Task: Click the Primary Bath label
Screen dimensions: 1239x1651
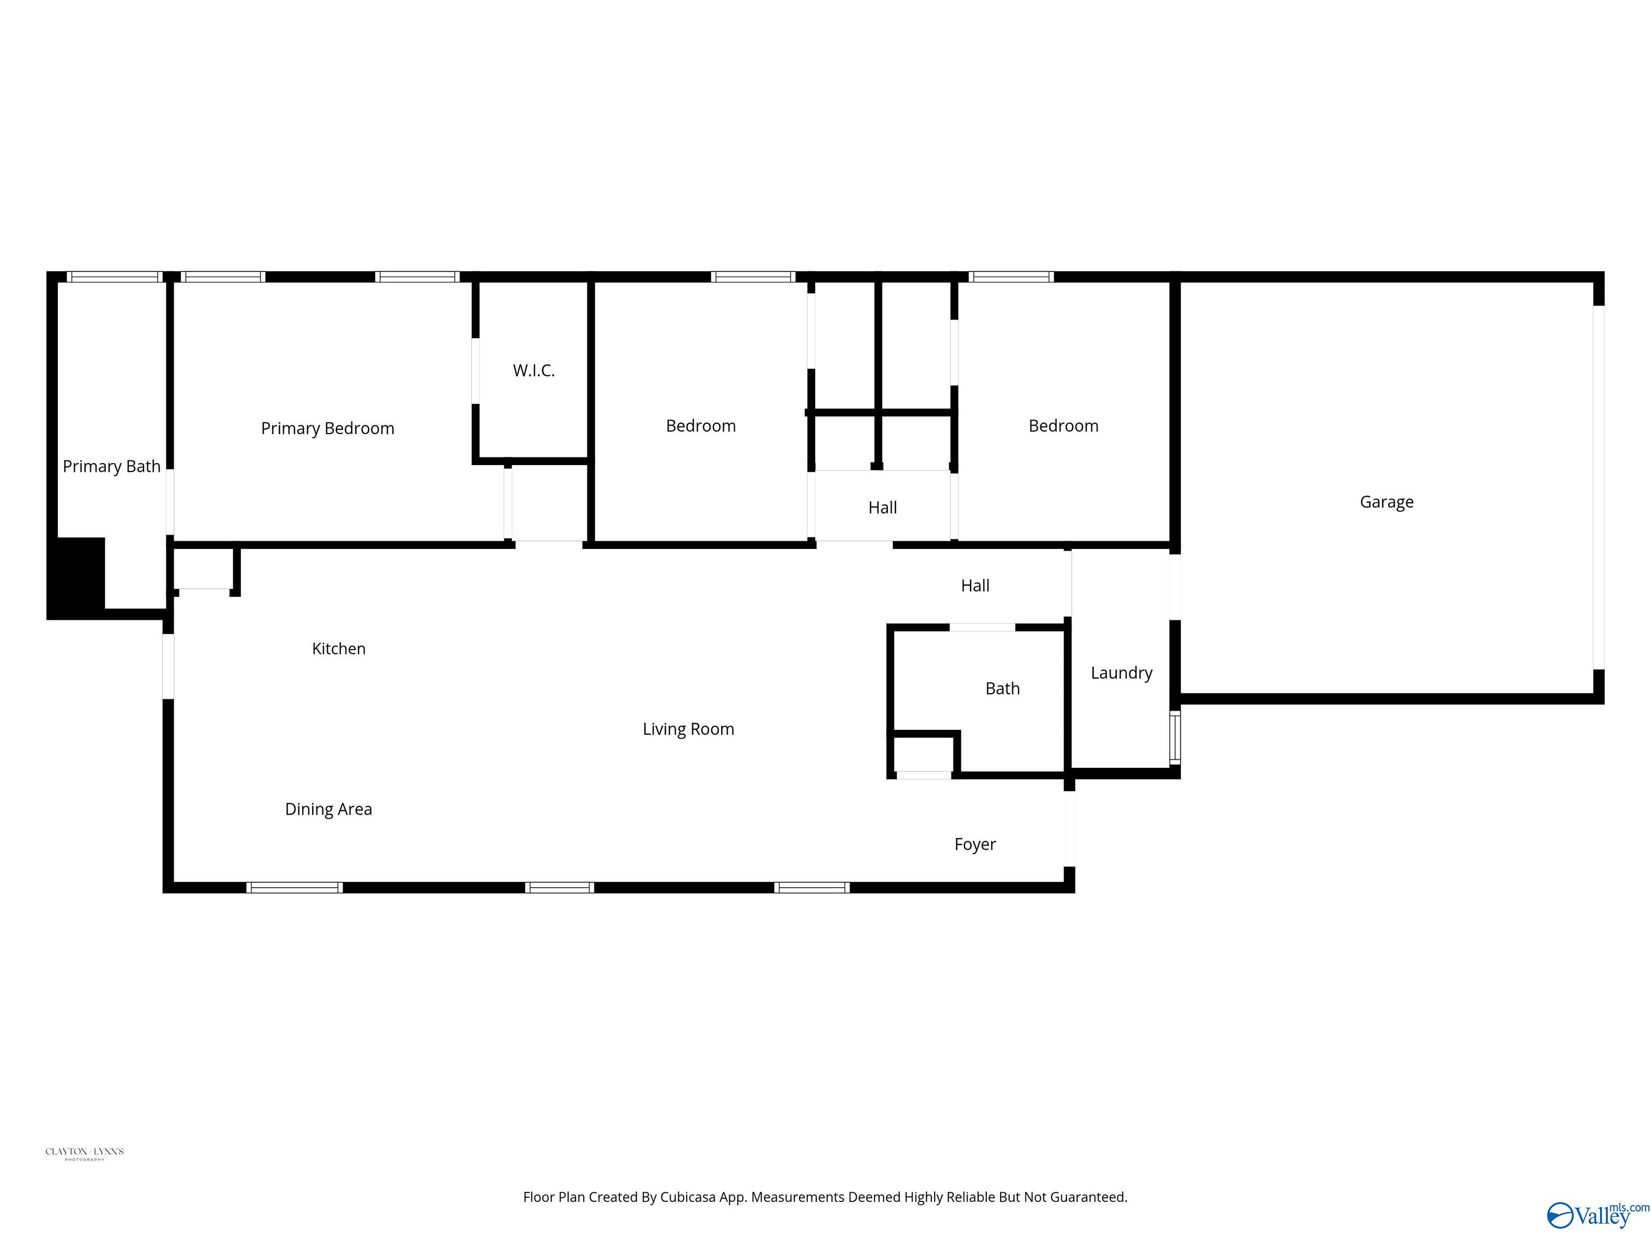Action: pos(111,467)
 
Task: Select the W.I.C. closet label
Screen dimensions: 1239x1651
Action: pos(534,371)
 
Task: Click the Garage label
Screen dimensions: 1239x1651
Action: pos(1386,502)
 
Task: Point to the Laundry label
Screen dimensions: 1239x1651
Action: pos(1121,673)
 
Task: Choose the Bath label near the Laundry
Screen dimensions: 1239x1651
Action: pos(1002,688)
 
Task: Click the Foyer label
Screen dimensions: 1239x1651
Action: pos(975,844)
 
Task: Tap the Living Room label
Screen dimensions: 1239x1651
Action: pos(688,729)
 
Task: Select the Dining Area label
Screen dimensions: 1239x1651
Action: pos(328,809)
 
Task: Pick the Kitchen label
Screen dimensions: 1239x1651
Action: pos(339,648)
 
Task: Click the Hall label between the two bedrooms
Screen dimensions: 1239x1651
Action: pos(882,508)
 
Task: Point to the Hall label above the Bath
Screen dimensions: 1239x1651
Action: pos(975,586)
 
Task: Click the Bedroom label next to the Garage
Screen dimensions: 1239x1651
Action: pos(1063,426)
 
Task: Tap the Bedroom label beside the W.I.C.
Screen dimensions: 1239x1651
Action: pos(700,426)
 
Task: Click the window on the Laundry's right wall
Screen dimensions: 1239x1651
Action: pos(1175,738)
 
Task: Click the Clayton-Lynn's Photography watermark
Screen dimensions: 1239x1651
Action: pos(84,1153)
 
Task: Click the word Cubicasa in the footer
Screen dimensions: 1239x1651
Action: pos(687,1197)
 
